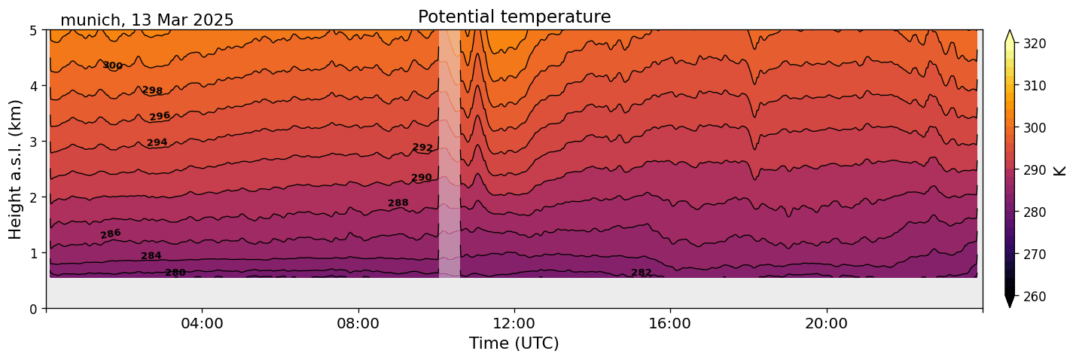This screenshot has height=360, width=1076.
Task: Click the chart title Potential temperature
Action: coord(514,17)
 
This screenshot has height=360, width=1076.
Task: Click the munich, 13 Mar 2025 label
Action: coord(147,20)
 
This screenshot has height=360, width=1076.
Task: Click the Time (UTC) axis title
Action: coord(514,343)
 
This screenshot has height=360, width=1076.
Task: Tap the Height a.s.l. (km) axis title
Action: coord(16,169)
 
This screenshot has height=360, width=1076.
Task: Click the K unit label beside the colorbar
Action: coord(1060,170)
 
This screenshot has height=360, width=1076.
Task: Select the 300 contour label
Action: coord(113,66)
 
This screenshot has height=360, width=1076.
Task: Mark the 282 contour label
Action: coord(642,273)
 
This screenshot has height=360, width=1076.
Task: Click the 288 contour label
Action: coord(398,203)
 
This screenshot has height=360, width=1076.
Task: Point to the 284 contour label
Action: coord(151,256)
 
